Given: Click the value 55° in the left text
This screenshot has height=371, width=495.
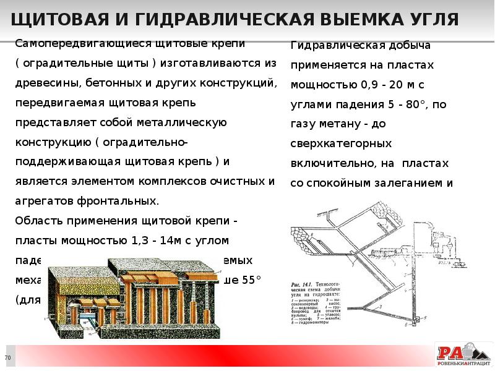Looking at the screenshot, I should pos(251,279).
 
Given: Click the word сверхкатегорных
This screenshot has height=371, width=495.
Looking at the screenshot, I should pos(340,143).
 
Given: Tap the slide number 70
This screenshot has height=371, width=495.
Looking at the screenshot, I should pos(8,359).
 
